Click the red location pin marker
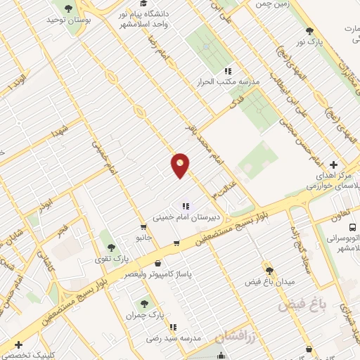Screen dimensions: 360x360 tap(180, 165)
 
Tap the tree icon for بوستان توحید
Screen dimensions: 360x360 tap(68, 8)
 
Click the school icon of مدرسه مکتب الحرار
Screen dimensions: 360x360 tap(228, 71)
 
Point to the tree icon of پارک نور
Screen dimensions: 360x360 tap(309, 31)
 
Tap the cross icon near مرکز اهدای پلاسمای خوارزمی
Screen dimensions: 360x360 tap(333, 165)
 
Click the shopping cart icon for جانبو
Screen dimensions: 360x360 tap(143, 227)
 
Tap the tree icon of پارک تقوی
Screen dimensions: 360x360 tap(110, 247)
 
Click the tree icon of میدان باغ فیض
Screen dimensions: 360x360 tap(269, 270)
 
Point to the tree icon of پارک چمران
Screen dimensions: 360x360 tap(144, 303)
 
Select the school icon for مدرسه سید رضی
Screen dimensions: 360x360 tap(172, 326)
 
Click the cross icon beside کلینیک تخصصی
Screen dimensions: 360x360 tap(18, 345)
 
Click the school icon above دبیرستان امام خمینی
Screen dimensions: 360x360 tap(186, 206)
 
